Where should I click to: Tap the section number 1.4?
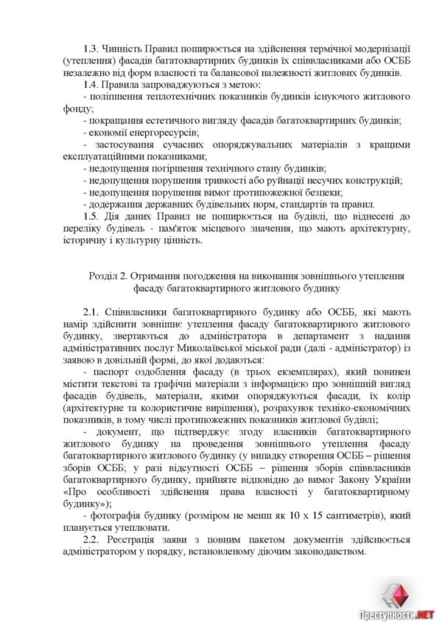point(92,85)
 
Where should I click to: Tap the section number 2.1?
point(92,312)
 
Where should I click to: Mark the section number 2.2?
point(92,539)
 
